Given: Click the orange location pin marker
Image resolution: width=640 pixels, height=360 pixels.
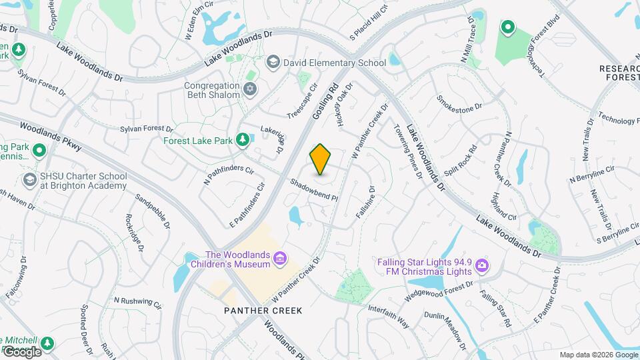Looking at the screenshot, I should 321,159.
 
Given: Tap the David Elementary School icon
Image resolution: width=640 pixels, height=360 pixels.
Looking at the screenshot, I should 272,63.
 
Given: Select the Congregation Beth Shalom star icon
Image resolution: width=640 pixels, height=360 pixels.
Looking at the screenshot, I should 250,89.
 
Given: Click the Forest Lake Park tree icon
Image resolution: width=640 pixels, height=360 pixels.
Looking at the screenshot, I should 243,139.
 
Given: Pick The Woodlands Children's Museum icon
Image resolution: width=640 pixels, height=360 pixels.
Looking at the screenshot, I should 280,258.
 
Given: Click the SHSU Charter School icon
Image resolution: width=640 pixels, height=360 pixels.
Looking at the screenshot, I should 29,180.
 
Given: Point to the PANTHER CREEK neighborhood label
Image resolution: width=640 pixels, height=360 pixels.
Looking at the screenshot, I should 263,311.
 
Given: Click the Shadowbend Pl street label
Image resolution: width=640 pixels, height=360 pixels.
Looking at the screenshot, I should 315,190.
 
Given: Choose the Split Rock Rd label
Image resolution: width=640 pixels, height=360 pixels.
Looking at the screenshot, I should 461,161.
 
